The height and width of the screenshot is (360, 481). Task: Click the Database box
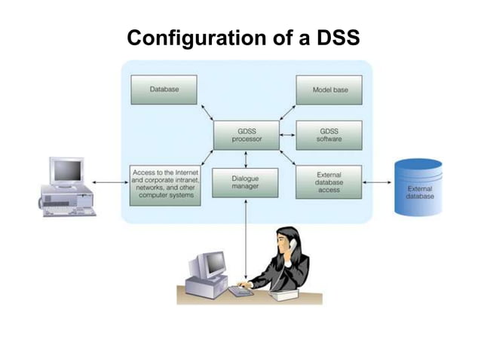click(x=164, y=89)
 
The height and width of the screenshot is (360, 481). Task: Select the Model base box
click(x=329, y=90)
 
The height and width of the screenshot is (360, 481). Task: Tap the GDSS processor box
click(x=246, y=136)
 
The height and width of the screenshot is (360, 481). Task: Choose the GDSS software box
click(x=329, y=136)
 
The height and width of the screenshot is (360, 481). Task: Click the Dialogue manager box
click(x=245, y=182)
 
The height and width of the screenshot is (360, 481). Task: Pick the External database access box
click(x=329, y=182)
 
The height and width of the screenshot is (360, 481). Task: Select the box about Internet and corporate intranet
click(x=164, y=184)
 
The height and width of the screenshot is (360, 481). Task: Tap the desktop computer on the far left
click(x=68, y=187)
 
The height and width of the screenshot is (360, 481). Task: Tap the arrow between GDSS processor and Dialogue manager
click(x=246, y=158)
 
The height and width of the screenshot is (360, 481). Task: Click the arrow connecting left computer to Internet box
click(x=111, y=182)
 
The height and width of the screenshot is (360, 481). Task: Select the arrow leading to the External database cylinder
click(x=378, y=182)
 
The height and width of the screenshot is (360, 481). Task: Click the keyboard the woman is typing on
click(x=240, y=291)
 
